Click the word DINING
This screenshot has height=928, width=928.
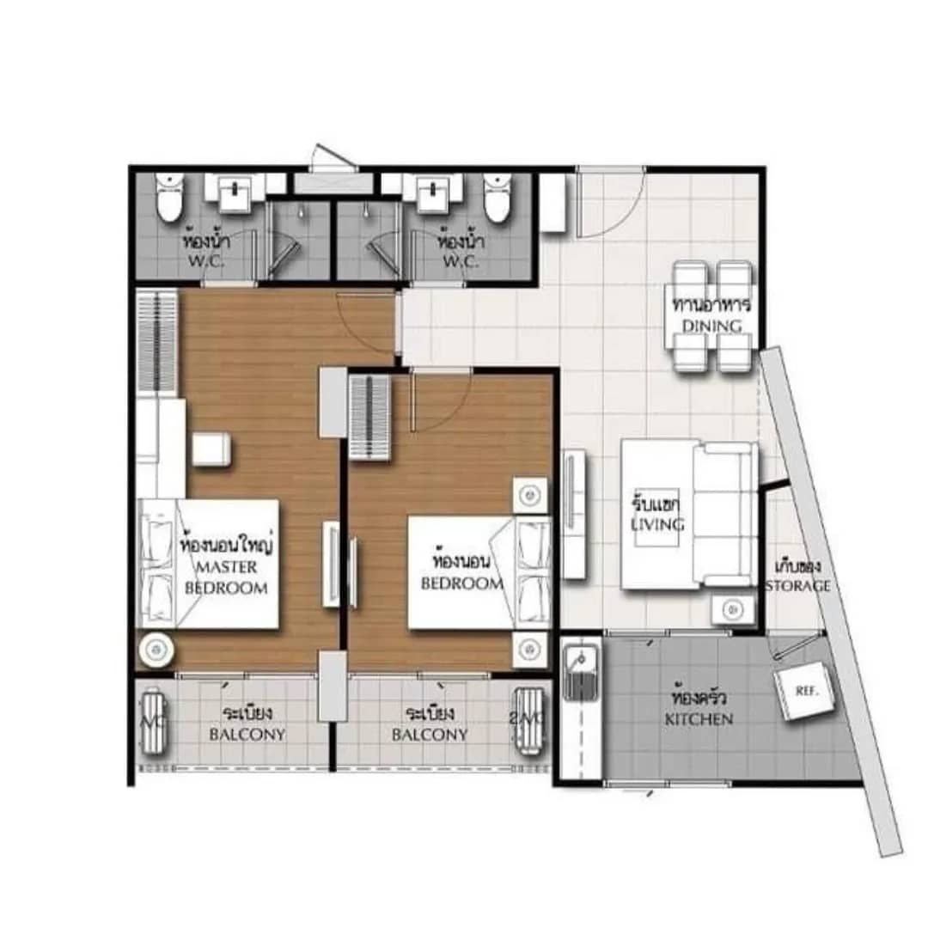pos(712,326)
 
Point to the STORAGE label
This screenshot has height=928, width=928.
pos(798,586)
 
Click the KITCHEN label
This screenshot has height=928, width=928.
pos(699,718)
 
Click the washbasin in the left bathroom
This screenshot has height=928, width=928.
pos(233,193)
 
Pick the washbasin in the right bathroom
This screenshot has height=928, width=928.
pos(432,193)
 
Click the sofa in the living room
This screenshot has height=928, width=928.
pos(726,514)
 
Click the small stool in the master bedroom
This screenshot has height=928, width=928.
pos(211,449)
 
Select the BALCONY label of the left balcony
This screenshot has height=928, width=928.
pos(247,735)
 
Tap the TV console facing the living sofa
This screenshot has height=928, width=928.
pos(574,513)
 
